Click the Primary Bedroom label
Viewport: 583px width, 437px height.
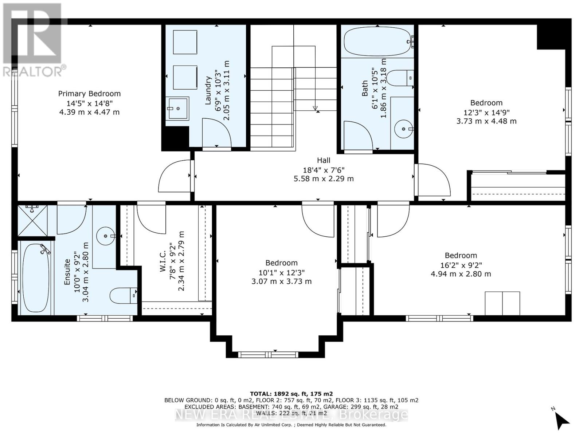(x=89, y=94)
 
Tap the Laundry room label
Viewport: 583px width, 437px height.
(x=208, y=90)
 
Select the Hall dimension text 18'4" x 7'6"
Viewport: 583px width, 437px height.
(x=324, y=170)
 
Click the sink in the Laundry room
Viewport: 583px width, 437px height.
(x=177, y=108)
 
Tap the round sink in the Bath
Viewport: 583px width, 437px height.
(x=404, y=129)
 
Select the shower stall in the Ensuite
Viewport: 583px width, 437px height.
(x=33, y=220)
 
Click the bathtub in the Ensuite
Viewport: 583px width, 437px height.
(x=36, y=278)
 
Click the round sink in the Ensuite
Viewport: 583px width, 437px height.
(x=106, y=236)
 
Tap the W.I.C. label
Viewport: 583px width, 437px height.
(x=163, y=261)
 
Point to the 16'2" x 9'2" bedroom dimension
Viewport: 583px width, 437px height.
(x=461, y=265)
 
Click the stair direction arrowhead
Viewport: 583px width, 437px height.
(x=315, y=108)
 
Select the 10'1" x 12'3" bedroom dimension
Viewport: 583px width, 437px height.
(x=282, y=272)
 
